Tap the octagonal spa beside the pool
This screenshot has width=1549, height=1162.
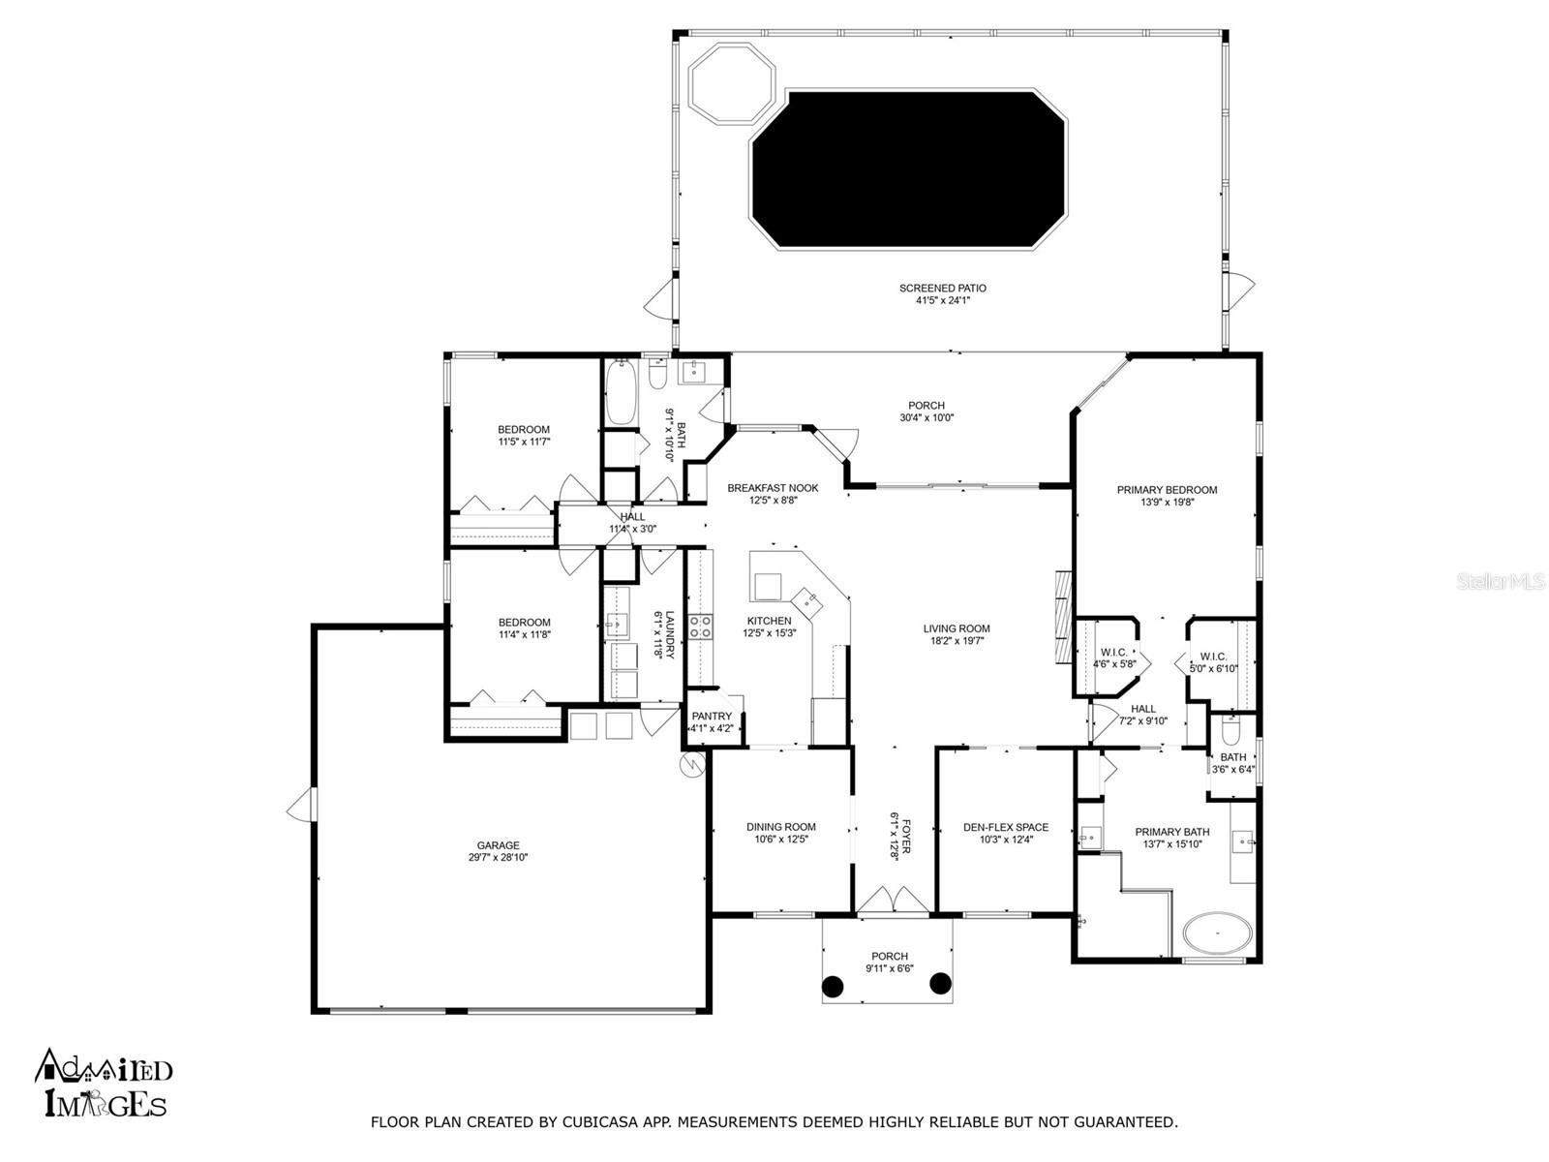coord(732,83)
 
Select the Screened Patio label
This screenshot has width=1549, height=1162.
coord(942,288)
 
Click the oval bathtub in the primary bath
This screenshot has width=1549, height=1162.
coord(1217,933)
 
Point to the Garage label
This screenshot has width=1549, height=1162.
coord(499,845)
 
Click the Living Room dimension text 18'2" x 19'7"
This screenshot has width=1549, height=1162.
coord(957,641)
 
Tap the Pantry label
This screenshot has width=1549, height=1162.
coord(712,717)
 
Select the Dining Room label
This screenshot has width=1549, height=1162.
coord(780,827)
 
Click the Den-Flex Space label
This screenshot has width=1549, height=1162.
coord(1006,827)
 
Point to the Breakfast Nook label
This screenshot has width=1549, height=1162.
coord(773,488)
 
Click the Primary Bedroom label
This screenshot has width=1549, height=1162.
coord(1167,490)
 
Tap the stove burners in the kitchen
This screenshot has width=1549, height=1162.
coord(700,627)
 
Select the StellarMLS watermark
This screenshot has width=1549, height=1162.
coord(1500,581)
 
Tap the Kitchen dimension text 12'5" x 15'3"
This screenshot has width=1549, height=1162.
coord(769,633)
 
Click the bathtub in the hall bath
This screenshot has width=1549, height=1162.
coord(621,392)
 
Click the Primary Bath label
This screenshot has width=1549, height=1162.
coord(1171,832)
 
